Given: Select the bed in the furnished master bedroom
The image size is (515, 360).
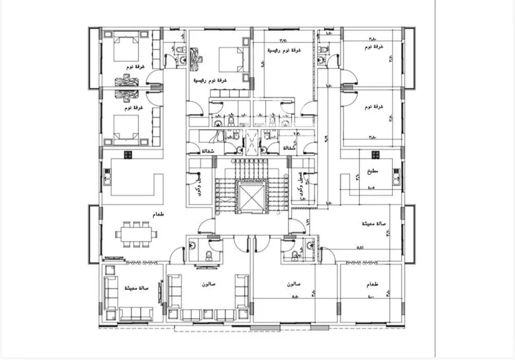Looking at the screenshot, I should (229, 58).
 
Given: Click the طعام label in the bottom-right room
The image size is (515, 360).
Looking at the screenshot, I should (374, 282).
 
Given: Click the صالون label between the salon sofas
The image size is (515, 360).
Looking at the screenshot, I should (209, 283).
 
